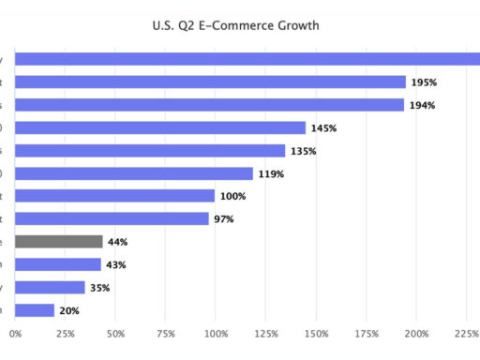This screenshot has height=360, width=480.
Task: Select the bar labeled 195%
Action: (211, 82)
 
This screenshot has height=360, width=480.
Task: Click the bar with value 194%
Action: (210, 105)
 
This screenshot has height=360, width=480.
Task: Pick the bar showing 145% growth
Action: (160, 127)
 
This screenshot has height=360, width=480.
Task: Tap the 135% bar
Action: (150, 151)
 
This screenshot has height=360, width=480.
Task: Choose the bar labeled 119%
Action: (134, 173)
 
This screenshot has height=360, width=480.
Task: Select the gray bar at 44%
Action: (59, 242)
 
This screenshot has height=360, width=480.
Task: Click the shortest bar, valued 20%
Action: (35, 310)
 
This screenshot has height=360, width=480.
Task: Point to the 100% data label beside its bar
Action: (232, 196)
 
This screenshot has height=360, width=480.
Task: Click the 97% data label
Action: (223, 219)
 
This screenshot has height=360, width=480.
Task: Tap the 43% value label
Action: (116, 265)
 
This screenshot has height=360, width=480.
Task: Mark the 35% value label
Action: (100, 288)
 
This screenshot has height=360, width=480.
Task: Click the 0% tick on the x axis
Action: (15, 333)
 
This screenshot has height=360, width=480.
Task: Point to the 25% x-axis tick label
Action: (65, 333)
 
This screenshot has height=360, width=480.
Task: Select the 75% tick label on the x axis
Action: (165, 333)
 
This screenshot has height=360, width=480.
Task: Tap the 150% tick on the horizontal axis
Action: (316, 333)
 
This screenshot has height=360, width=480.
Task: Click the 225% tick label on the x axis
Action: (466, 333)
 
